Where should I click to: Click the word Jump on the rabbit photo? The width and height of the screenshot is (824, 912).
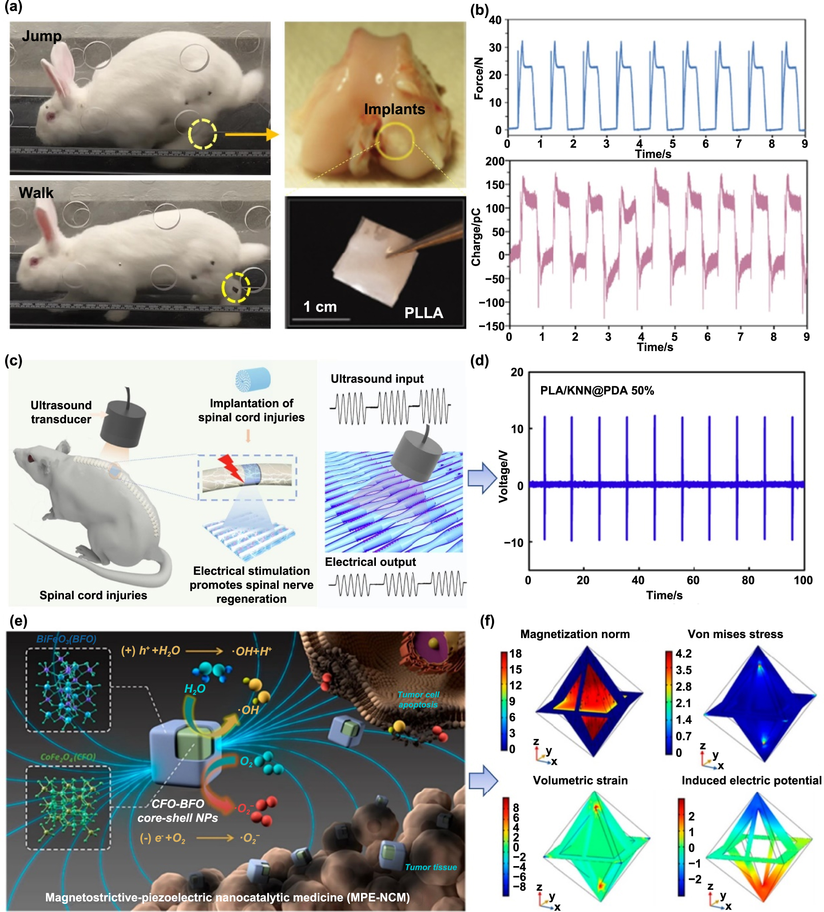pos(42,36)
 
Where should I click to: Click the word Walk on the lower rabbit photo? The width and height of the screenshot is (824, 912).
pos(36,193)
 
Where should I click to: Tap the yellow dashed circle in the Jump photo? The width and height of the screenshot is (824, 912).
pos(202,134)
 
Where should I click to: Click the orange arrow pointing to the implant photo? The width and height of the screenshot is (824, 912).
pos(252,134)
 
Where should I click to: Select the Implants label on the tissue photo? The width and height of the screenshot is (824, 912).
pos(394,109)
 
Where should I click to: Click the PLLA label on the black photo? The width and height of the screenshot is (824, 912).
pos(423,313)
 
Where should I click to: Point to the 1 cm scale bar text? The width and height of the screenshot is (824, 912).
pos(320,307)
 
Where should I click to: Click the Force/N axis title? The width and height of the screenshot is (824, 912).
pos(478,78)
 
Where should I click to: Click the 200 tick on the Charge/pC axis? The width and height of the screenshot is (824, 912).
pos(494,162)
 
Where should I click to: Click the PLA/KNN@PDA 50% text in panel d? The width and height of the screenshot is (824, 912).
pos(597,391)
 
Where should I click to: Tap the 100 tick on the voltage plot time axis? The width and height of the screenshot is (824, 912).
pos(803,580)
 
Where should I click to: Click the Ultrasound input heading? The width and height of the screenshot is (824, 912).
pos(377,379)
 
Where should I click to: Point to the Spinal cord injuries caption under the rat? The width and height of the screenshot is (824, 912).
pos(93,595)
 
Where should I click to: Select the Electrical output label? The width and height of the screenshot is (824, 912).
pos(370,562)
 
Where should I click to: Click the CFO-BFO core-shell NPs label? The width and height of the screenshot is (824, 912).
pos(178,811)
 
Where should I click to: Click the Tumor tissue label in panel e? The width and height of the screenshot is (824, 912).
pos(430,867)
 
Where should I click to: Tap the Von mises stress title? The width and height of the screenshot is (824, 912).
pos(735,634)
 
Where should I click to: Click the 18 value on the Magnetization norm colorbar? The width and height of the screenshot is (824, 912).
pos(515,654)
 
